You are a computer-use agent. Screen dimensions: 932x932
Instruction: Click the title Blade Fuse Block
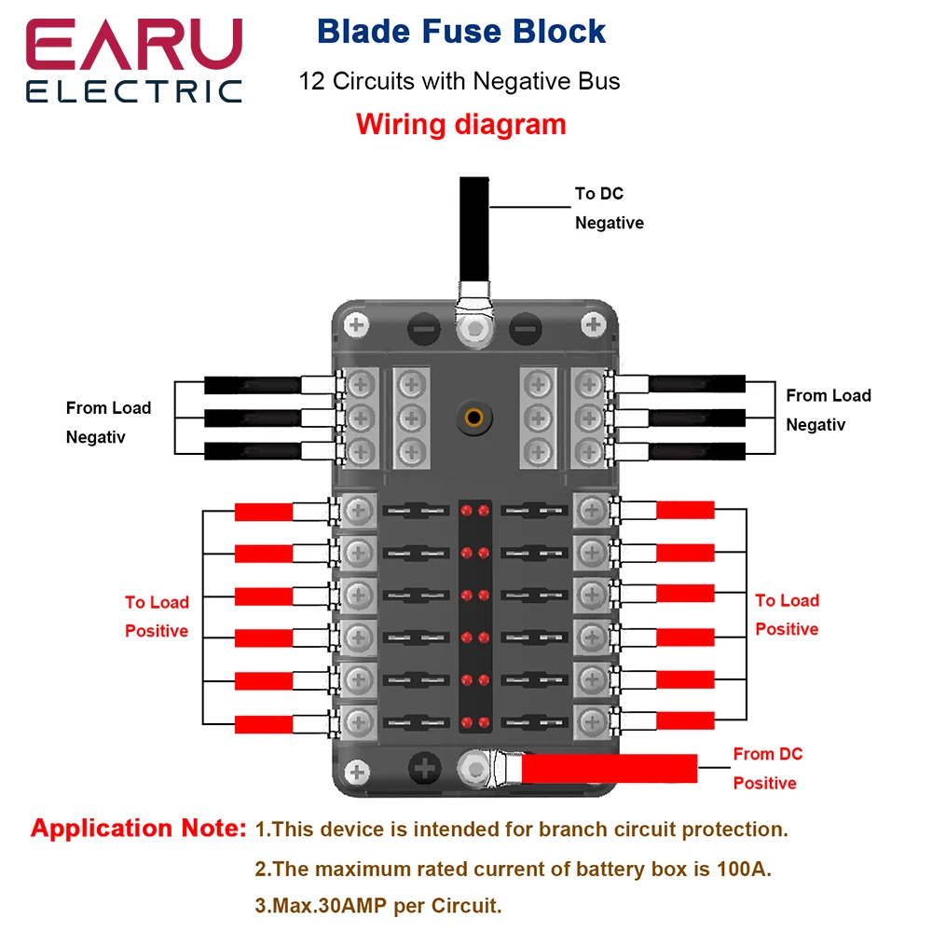click(x=461, y=31)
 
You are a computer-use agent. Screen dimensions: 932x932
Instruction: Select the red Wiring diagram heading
click(x=460, y=124)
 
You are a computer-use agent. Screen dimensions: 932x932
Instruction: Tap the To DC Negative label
click(x=608, y=208)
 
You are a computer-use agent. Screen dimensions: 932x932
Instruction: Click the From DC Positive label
click(x=767, y=768)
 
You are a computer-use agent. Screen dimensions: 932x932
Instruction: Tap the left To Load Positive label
click(x=157, y=616)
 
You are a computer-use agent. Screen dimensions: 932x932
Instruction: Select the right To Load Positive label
click(x=787, y=614)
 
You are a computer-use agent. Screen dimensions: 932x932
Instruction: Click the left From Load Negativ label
click(x=108, y=422)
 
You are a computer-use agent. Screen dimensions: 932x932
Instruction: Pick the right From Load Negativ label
click(x=828, y=410)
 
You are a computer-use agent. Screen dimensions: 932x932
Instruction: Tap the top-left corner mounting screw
click(x=355, y=325)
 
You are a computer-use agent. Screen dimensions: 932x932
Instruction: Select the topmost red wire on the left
click(x=264, y=512)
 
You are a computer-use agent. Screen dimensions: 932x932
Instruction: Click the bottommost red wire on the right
click(x=685, y=720)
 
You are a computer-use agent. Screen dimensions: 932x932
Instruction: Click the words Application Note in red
click(x=138, y=829)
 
